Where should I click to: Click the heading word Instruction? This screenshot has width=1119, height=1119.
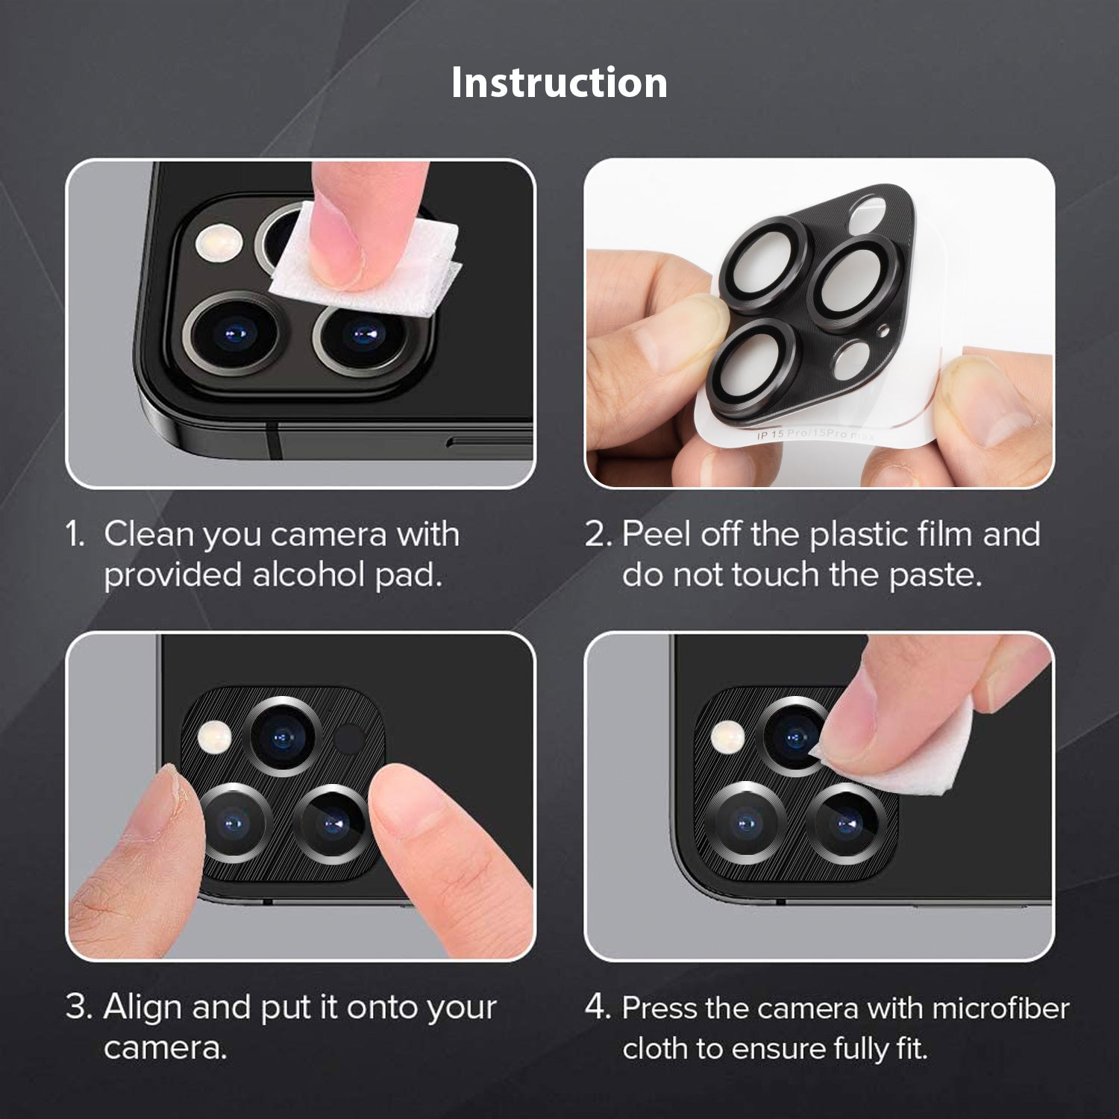tap(559, 82)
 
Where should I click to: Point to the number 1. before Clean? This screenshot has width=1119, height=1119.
tap(76, 534)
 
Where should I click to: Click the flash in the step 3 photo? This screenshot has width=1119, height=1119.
tap(216, 736)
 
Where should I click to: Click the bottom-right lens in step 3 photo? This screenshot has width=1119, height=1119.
tap(330, 824)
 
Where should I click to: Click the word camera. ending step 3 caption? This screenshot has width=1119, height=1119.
tap(165, 1048)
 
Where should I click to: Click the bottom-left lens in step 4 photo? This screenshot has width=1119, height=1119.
tap(746, 823)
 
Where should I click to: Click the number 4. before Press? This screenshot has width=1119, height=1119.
tap(598, 1008)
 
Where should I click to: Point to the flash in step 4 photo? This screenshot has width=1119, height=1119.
tap(728, 736)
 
